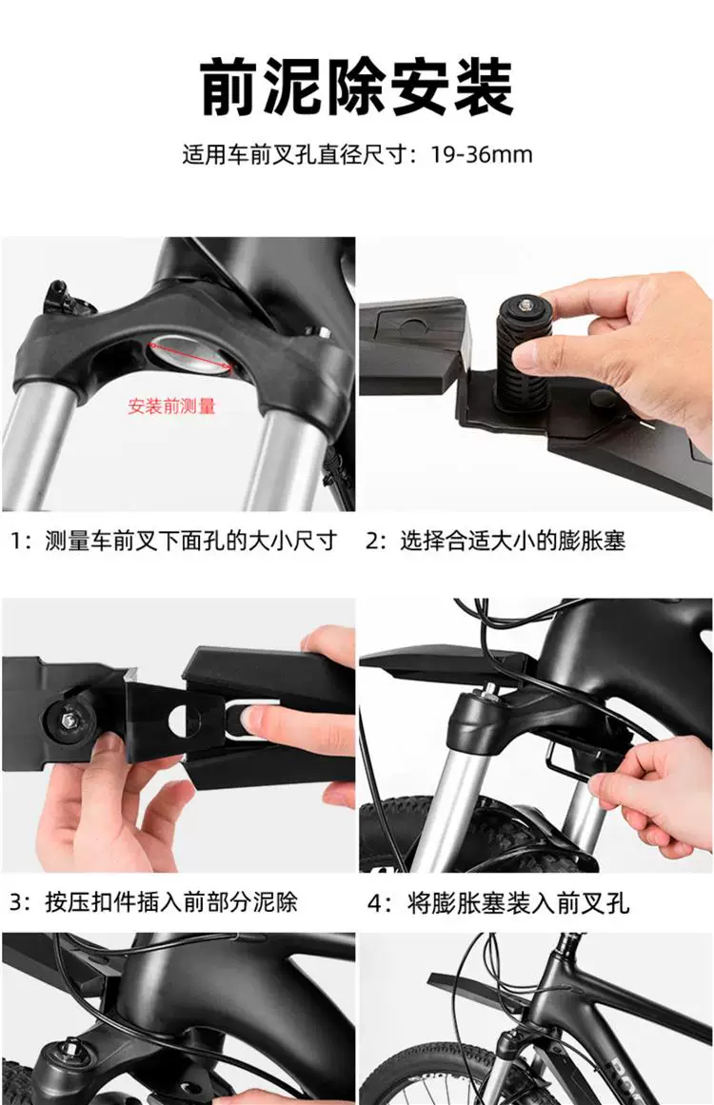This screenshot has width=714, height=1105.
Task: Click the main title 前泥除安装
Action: point(357,88)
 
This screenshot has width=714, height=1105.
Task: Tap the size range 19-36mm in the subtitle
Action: point(482,154)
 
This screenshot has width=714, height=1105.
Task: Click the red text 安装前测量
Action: point(171,405)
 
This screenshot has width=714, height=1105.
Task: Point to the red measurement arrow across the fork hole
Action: point(189,356)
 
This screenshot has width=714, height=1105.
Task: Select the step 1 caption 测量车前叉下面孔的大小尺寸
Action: point(191,542)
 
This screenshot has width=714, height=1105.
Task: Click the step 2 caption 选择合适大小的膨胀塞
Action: point(513,542)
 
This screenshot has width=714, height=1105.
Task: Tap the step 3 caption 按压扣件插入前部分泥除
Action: point(171,902)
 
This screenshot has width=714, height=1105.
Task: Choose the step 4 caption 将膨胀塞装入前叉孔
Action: point(518,902)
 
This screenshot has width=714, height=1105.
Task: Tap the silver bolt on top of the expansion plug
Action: point(525,304)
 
